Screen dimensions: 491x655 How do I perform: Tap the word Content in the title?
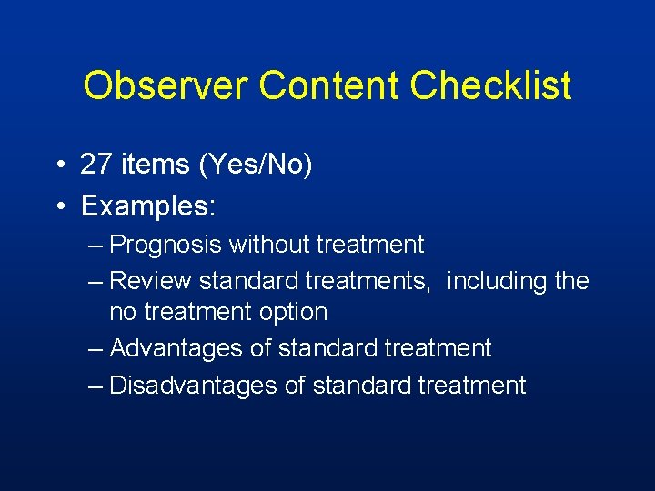[x=329, y=85]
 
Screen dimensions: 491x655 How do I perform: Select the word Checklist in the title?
[x=490, y=85]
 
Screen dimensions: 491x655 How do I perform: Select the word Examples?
[x=148, y=205]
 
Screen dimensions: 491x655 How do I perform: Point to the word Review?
[x=150, y=281]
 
